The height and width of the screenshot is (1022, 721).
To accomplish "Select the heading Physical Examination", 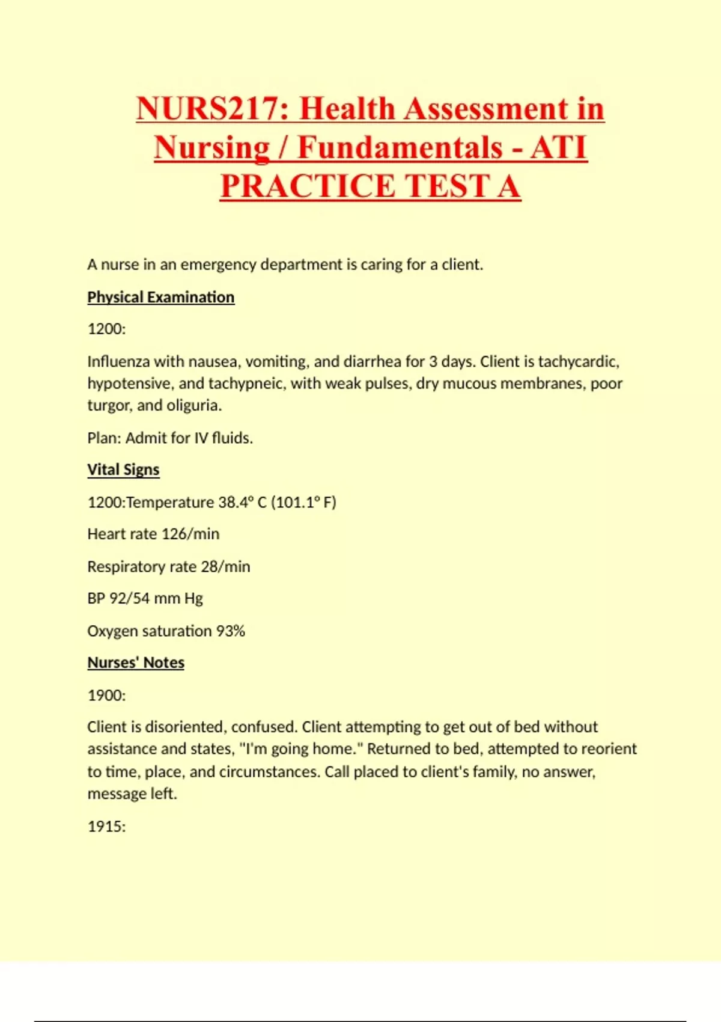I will coord(160,298).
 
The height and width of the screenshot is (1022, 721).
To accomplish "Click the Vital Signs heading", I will coord(123,470).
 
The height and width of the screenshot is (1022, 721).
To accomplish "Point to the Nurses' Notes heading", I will coord(136,662).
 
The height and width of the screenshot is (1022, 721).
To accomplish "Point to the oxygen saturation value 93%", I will coord(231,631).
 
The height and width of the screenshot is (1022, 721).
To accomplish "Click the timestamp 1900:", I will coord(106,696).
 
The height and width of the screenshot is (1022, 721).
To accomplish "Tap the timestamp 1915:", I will coord(106,827).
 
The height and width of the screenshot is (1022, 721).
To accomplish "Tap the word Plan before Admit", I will coord(104,438).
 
